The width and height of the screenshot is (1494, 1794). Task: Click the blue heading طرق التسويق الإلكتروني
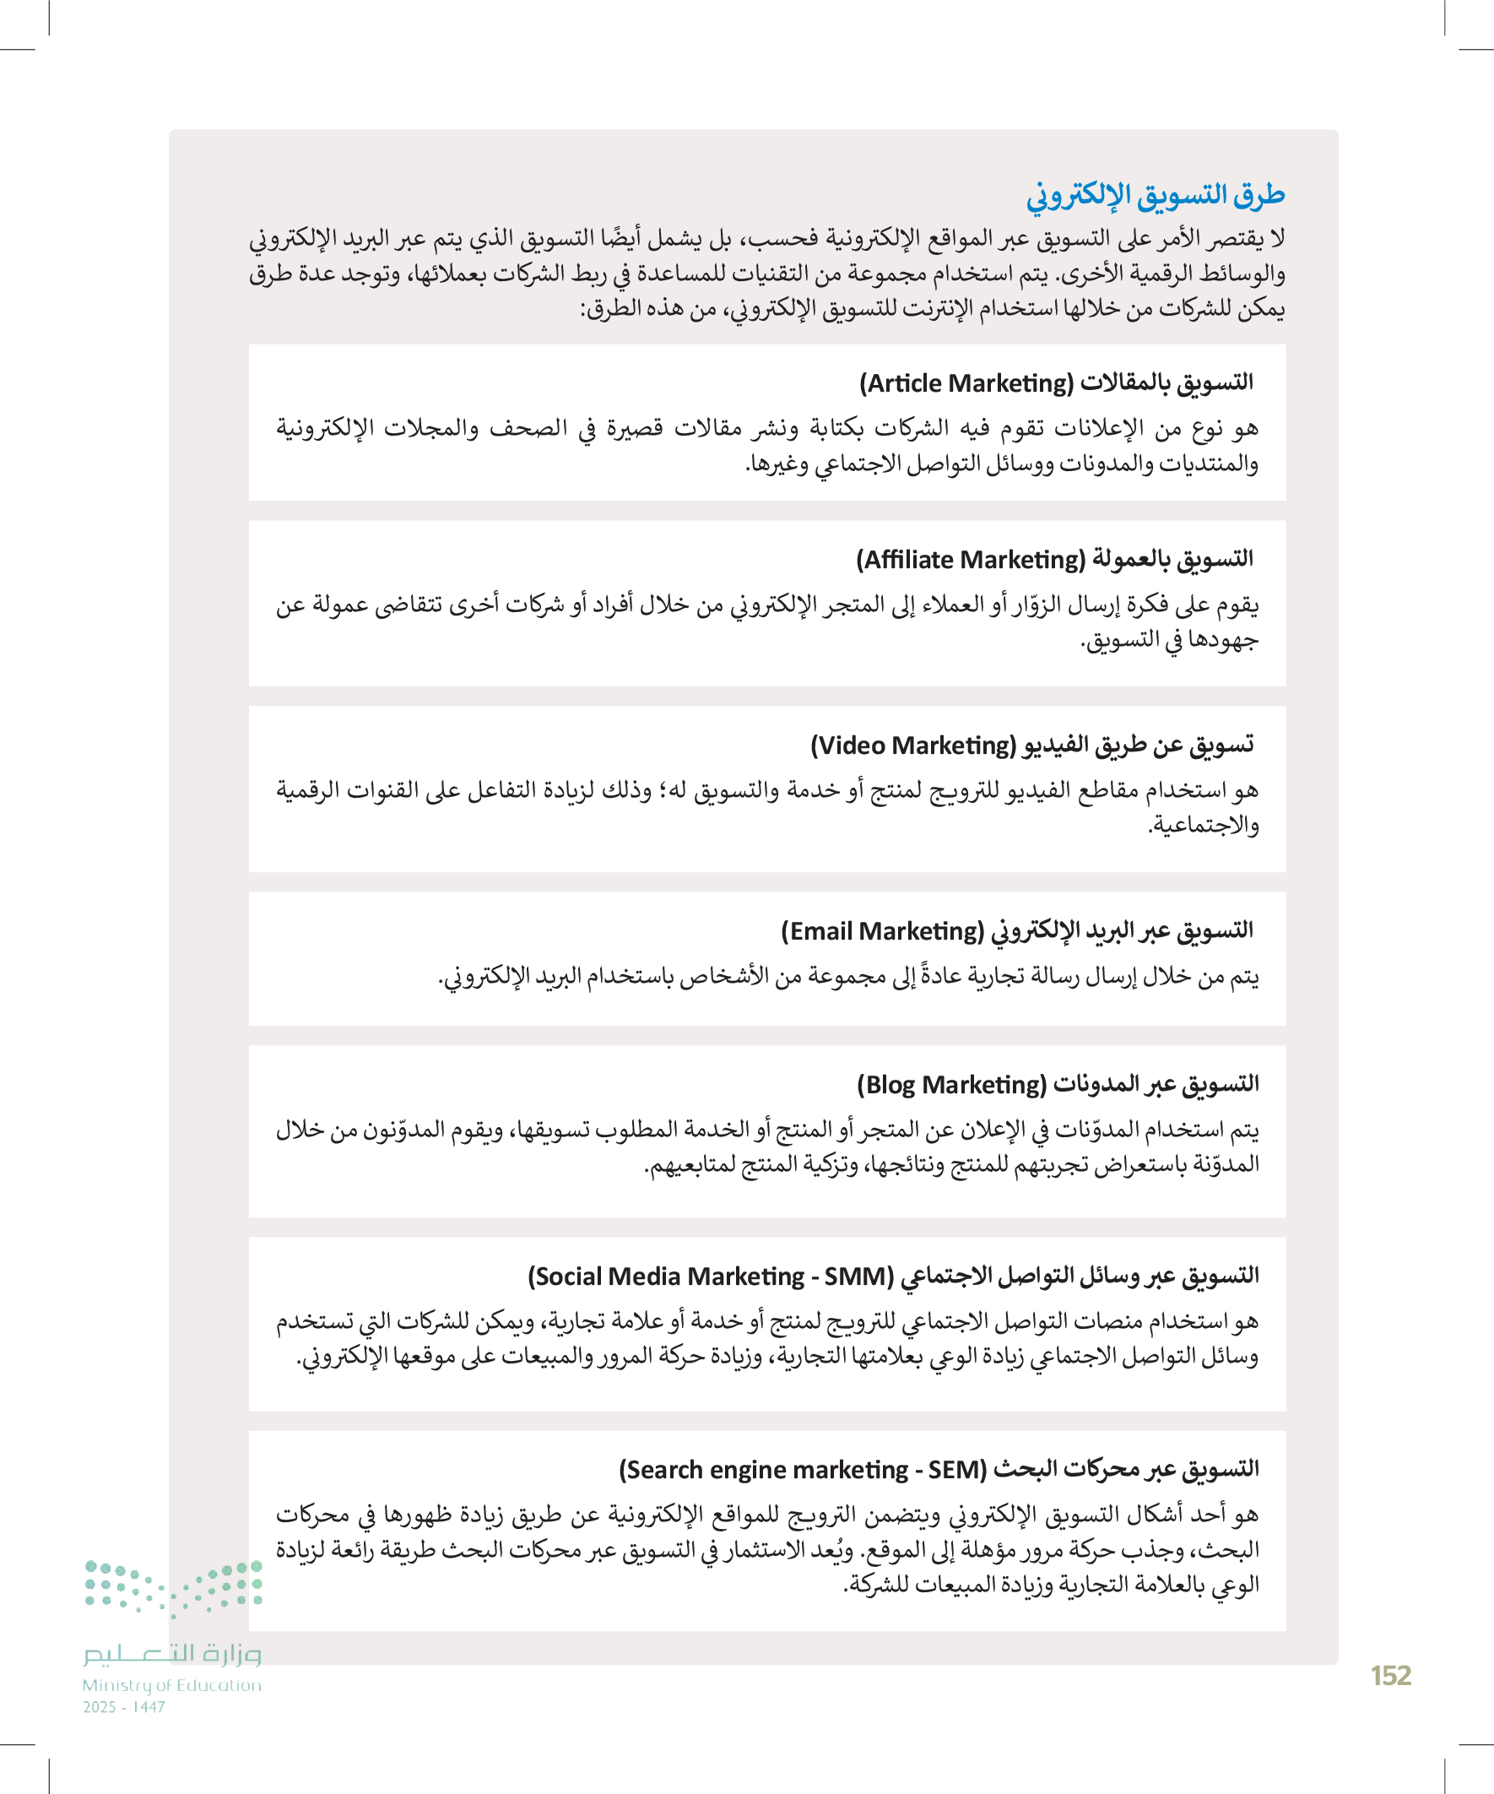tap(1155, 196)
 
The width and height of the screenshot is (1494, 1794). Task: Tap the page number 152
tap(1391, 1675)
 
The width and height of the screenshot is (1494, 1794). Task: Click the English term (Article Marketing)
tap(966, 383)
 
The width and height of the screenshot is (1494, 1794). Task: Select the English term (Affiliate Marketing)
tap(971, 560)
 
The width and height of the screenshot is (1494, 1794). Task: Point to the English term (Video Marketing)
tap(913, 745)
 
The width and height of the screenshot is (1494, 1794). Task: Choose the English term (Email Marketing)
tap(882, 931)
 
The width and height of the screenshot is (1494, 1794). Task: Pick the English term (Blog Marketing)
tap(951, 1085)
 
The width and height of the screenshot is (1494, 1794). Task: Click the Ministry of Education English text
tap(171, 1685)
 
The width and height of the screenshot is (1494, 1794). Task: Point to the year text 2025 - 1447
tap(124, 1707)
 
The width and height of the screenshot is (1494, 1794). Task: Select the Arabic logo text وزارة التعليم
tap(171, 1654)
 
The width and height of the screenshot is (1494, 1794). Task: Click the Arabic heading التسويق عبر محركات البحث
tap(1127, 1468)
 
